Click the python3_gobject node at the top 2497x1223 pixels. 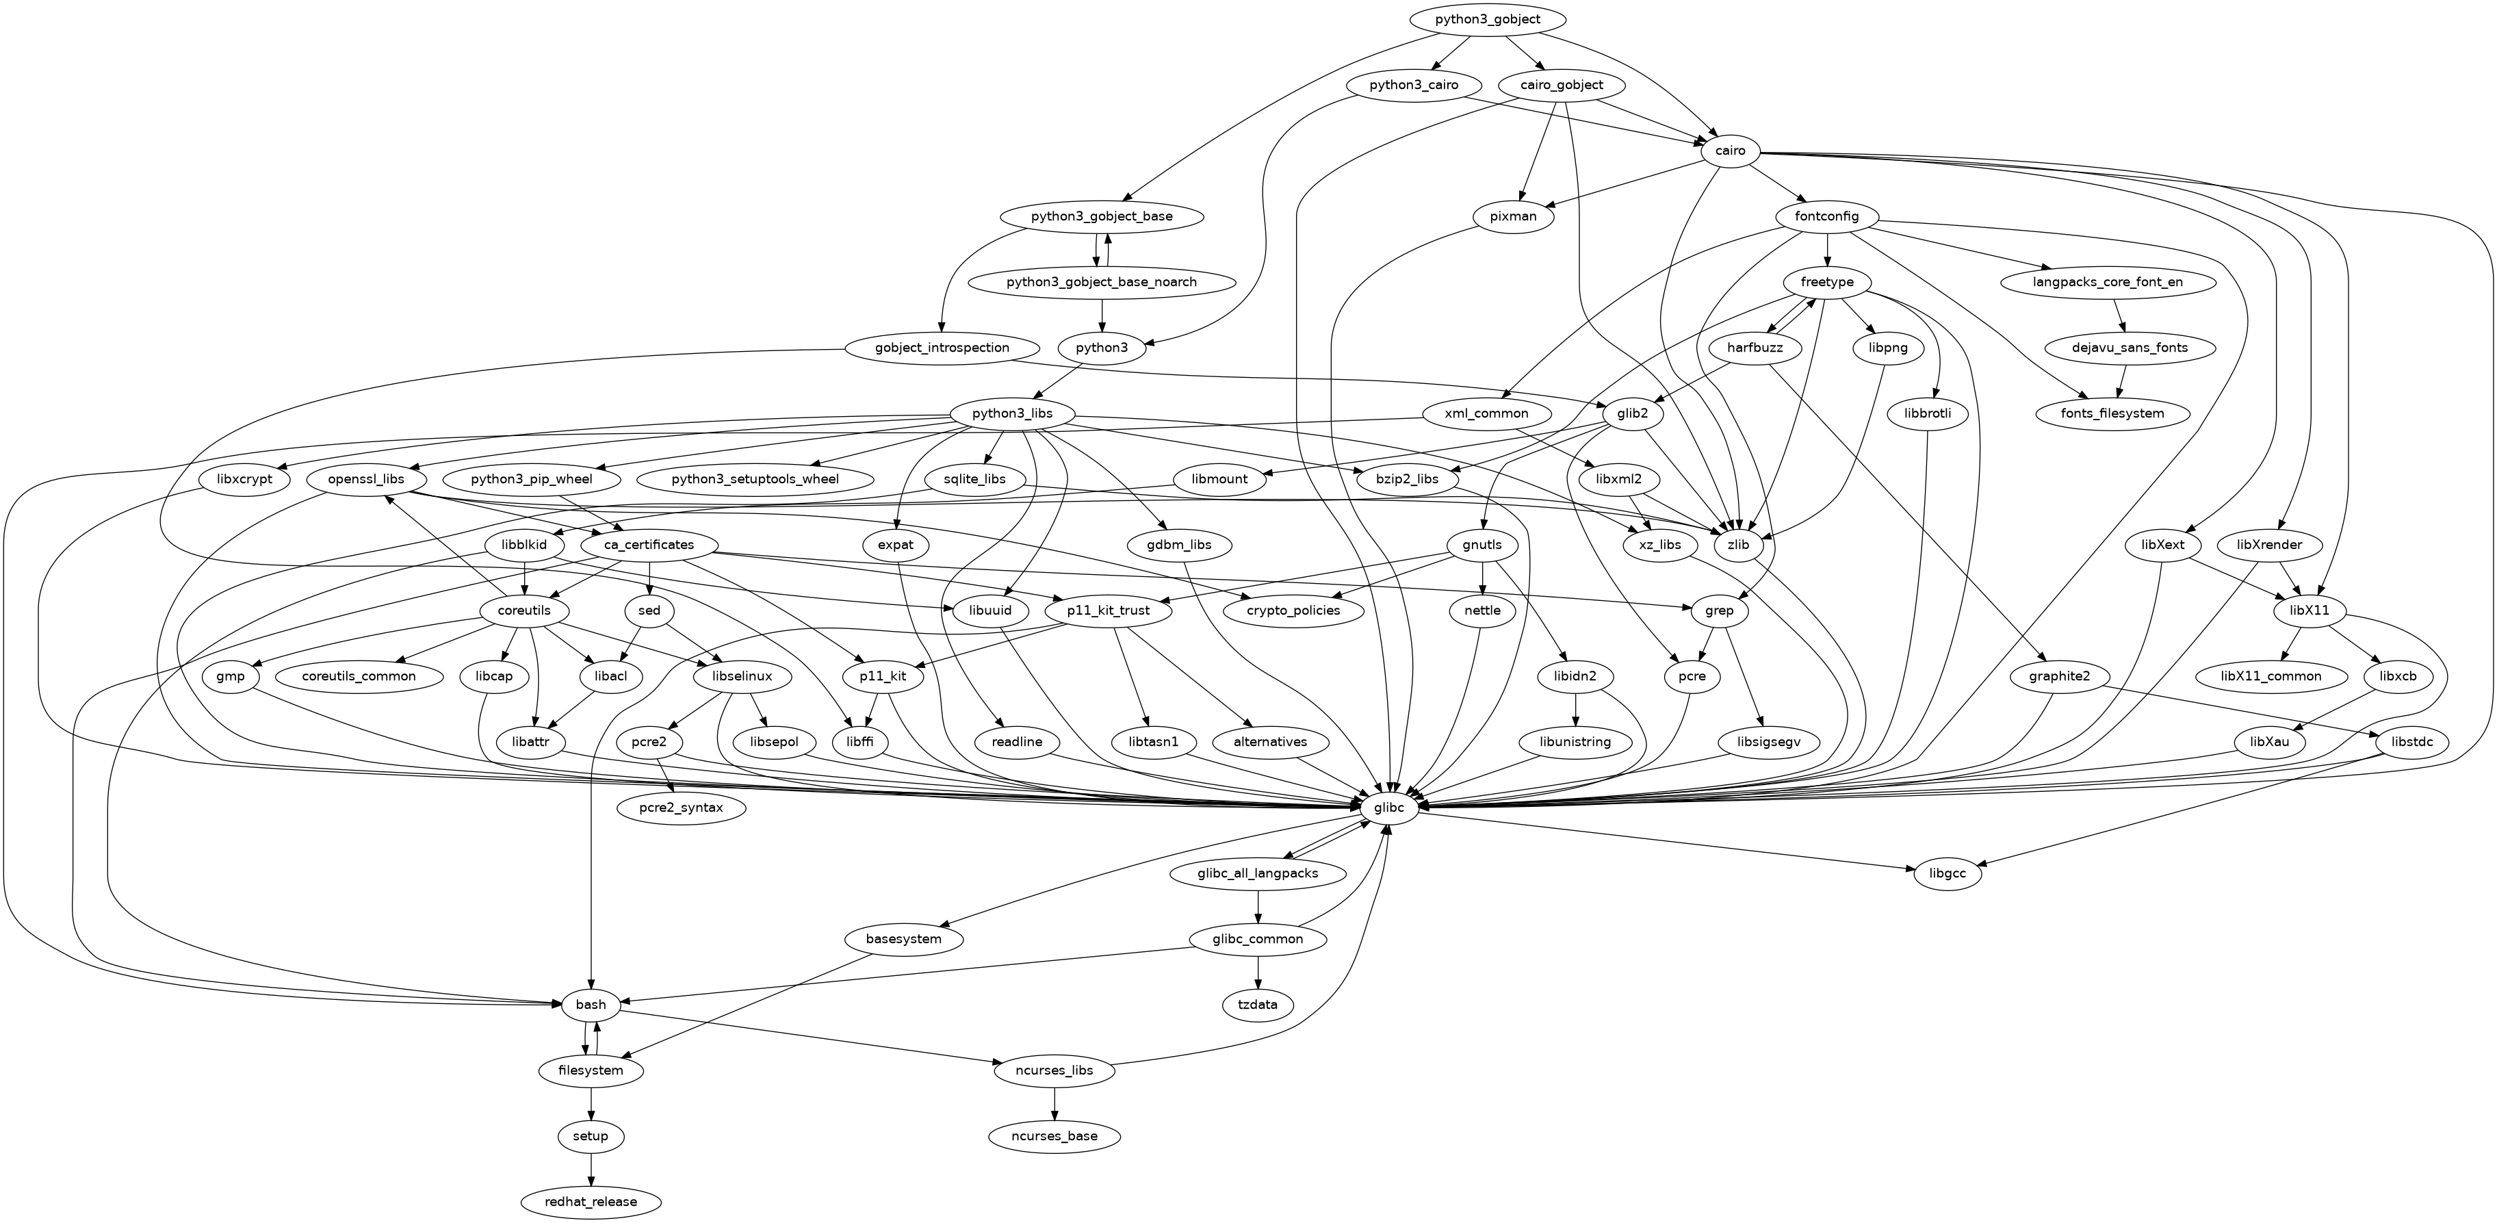coord(1487,19)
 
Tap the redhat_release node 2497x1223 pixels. coord(591,1202)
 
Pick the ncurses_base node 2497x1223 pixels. coord(1055,1136)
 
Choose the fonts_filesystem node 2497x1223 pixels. coord(2112,414)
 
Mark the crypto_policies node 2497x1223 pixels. coord(1293,610)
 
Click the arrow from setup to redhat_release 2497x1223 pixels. coord(591,1169)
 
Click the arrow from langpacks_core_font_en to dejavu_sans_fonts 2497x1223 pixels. coord(2120,315)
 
